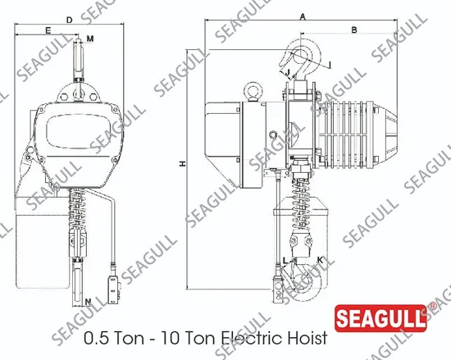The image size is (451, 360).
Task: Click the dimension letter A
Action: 303,17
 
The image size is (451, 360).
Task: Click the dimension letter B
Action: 354,30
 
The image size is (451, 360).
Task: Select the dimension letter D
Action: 70,20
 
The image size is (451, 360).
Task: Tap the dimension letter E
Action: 48,30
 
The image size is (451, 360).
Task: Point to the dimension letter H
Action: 182,164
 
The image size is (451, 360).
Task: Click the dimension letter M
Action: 90,39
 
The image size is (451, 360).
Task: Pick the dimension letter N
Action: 89,302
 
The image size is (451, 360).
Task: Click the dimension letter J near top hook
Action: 288,72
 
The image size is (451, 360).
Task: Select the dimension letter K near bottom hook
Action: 320,260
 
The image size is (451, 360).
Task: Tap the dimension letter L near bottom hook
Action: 285,261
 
